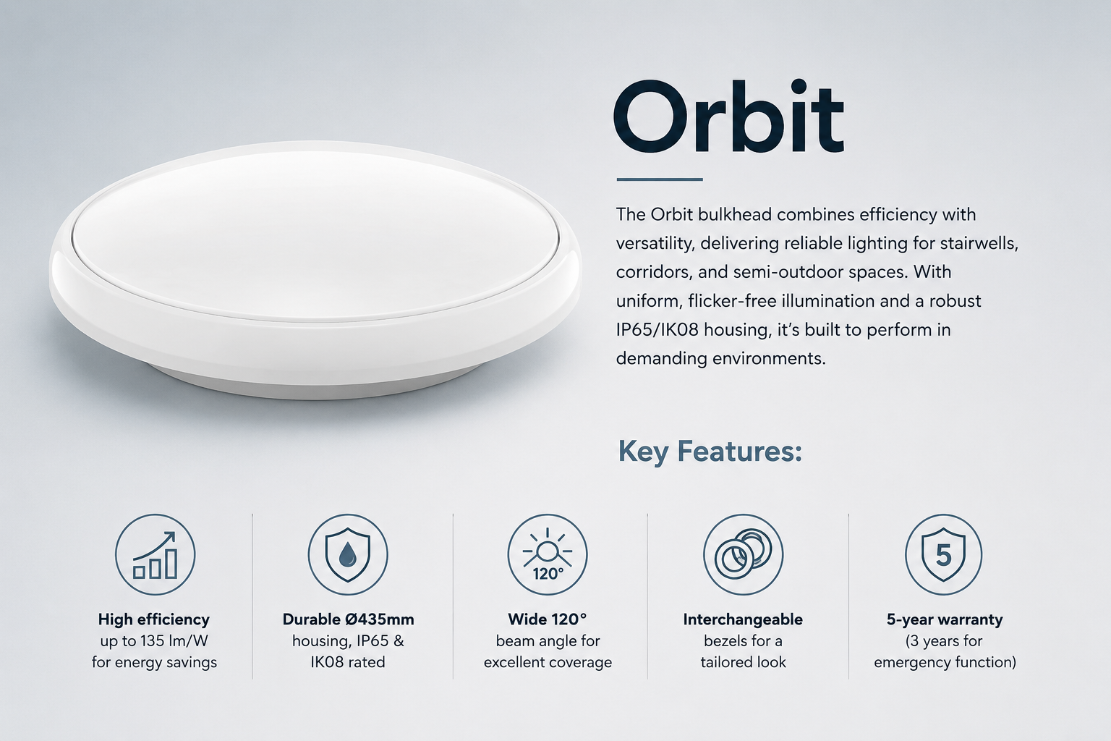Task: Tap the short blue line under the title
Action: [660, 179]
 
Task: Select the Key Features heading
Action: [710, 451]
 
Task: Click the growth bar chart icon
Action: [156, 554]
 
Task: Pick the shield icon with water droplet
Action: [348, 554]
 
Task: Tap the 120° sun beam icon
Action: [547, 554]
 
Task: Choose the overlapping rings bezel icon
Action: [743, 554]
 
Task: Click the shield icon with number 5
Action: [943, 554]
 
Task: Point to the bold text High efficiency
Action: [154, 619]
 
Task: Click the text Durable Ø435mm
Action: [348, 619]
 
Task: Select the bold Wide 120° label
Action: [547, 619]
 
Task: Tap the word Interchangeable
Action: [743, 619]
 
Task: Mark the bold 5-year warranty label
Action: [945, 619]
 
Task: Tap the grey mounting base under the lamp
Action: [318, 385]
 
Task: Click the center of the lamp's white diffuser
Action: [316, 233]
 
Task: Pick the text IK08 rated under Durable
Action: [348, 662]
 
